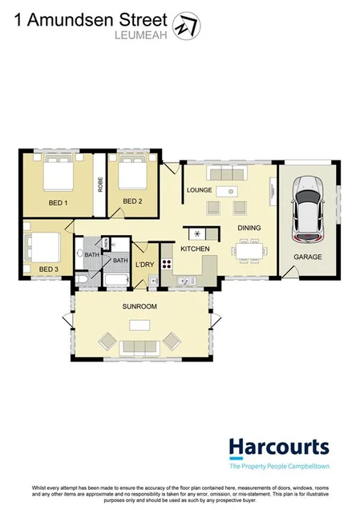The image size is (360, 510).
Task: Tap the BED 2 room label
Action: click(130, 201)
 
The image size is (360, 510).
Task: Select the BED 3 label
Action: click(49, 269)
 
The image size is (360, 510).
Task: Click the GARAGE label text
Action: click(307, 257)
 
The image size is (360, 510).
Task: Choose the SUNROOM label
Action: click(140, 307)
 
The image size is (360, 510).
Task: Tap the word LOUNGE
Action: click(199, 190)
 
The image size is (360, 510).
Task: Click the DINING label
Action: click(249, 228)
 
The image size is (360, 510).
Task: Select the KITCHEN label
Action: click(195, 250)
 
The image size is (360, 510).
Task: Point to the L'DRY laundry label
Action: click(144, 265)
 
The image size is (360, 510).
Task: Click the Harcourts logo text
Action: click(278, 447)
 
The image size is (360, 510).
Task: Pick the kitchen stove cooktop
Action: click(168, 264)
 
